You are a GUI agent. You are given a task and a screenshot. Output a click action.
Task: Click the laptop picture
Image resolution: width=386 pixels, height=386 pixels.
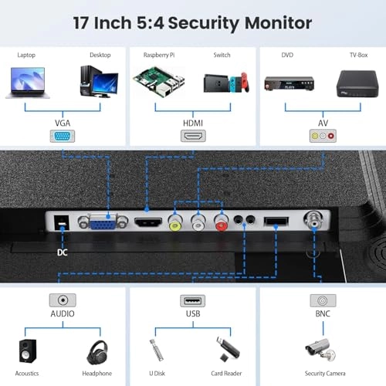point(28,83)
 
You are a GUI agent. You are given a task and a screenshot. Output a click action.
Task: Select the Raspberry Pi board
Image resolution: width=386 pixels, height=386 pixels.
point(159,82)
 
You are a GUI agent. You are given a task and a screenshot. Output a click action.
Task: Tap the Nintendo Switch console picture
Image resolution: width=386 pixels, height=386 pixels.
point(226,83)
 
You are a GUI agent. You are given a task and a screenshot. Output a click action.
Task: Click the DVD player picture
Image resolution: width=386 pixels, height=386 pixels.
point(289,83)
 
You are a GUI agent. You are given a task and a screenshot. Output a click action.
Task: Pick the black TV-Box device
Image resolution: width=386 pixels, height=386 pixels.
point(357,83)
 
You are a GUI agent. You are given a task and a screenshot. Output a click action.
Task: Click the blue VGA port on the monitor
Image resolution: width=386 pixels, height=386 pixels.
point(103,222)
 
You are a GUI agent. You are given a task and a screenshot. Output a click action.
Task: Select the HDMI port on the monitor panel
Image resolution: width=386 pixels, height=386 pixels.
point(148,222)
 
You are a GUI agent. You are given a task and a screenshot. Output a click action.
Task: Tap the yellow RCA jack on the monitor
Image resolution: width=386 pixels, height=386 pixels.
point(175,222)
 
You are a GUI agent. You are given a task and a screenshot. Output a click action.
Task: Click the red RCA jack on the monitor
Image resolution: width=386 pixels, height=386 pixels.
point(222,222)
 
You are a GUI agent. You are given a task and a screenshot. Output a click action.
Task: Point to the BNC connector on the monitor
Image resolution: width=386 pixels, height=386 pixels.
point(313,219)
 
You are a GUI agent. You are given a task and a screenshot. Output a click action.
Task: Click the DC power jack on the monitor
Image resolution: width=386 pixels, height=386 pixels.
point(62,222)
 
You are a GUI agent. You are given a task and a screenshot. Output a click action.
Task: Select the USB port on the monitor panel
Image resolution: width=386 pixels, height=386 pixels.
point(276,222)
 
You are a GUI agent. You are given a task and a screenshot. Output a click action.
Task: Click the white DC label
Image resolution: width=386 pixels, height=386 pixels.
point(63,252)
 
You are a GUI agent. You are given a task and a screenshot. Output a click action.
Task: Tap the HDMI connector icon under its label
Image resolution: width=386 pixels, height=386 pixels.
point(193,136)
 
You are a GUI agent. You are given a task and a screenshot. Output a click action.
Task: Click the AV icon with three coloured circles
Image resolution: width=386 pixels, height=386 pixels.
point(323,136)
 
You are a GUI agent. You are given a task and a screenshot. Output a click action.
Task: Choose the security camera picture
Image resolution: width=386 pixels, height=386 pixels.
point(321,350)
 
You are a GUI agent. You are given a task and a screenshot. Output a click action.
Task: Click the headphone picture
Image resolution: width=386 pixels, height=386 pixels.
point(97,353)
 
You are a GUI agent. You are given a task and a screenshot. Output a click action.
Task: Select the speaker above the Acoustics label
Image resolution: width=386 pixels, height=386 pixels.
point(28,351)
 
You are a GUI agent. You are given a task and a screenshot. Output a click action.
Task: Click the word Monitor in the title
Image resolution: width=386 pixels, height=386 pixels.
point(278,23)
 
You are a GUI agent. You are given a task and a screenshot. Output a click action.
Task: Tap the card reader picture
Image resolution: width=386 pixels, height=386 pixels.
point(228,349)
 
